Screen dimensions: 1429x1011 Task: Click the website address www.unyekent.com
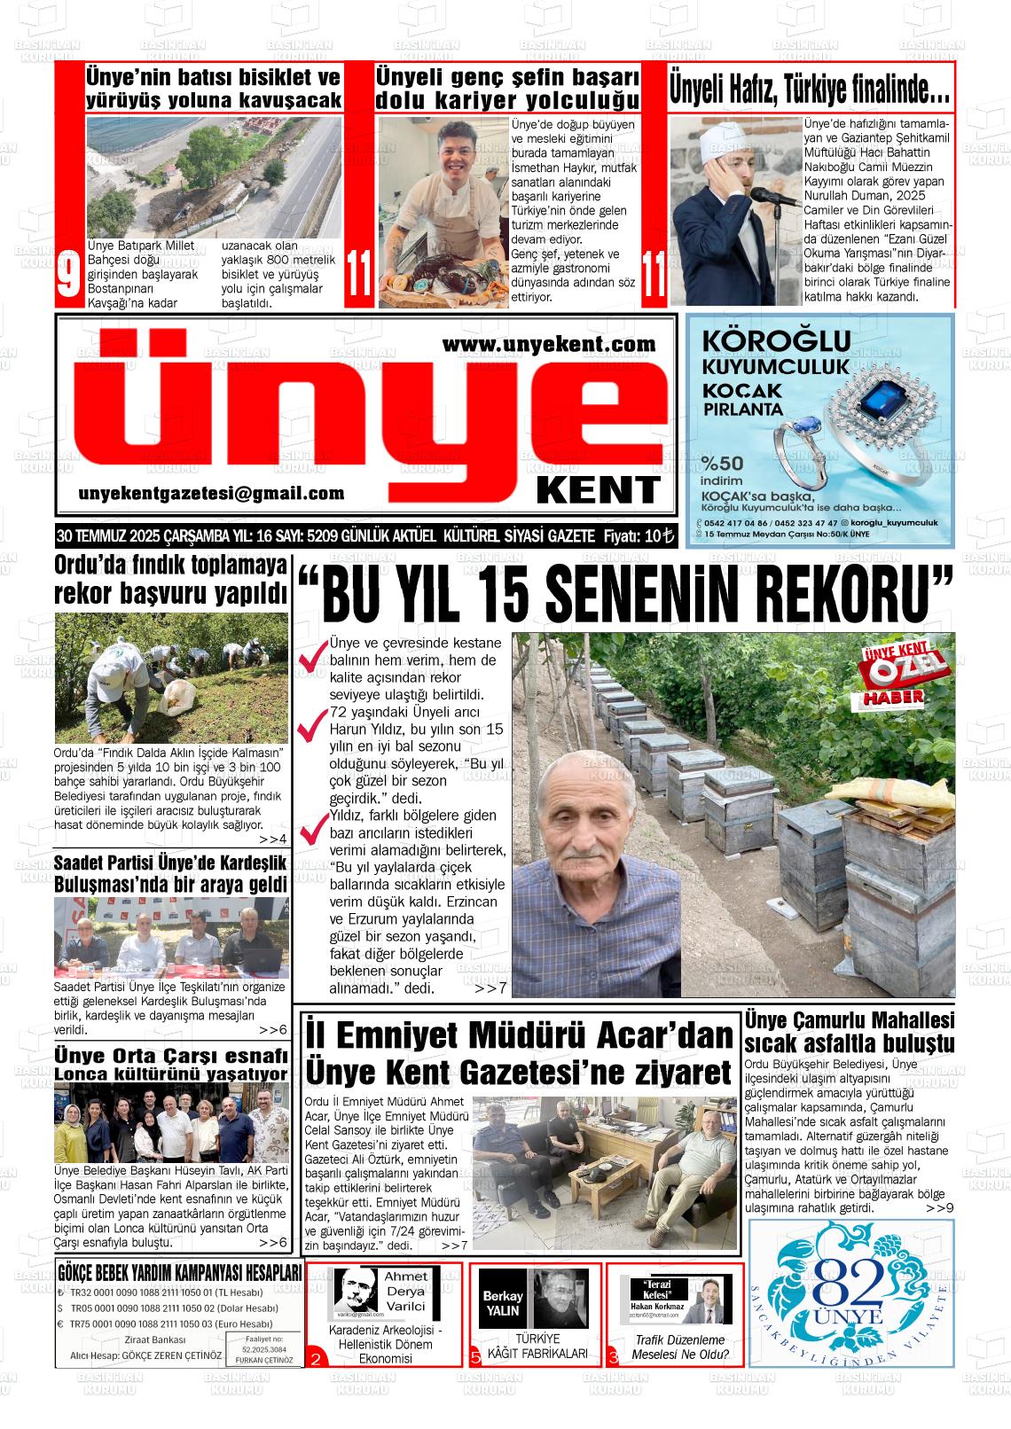tap(549, 344)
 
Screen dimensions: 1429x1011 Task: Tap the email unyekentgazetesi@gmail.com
tap(211, 494)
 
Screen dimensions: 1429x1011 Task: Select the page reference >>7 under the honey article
tap(490, 988)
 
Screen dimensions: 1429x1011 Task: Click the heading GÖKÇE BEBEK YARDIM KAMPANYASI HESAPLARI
tap(179, 1273)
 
